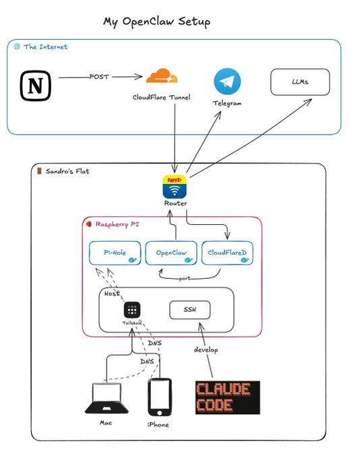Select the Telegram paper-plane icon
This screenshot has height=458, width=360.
[227, 81]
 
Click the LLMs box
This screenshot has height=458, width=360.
[300, 83]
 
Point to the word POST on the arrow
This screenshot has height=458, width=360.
[99, 77]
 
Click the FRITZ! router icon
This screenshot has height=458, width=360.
[175, 186]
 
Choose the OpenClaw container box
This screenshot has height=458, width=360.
[171, 253]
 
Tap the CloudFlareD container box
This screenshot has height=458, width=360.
[228, 253]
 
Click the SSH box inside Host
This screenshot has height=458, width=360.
[189, 310]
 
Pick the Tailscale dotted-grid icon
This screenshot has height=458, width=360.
[132, 310]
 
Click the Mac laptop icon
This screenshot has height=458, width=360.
[105, 399]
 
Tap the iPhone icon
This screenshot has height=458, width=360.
[159, 397]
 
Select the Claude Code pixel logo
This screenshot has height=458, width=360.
[223, 397]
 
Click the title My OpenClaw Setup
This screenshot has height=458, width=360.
[156, 22]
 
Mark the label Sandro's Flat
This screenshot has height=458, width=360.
[67, 171]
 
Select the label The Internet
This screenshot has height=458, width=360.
[45, 46]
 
